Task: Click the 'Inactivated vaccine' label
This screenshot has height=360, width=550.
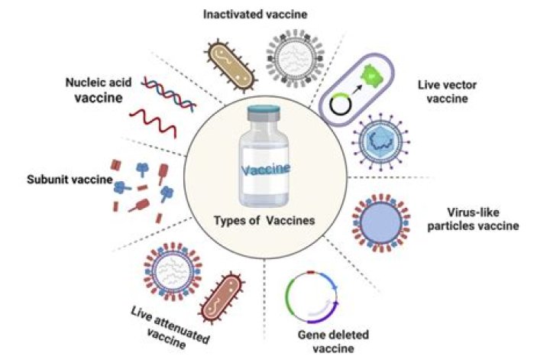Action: (249, 15)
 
